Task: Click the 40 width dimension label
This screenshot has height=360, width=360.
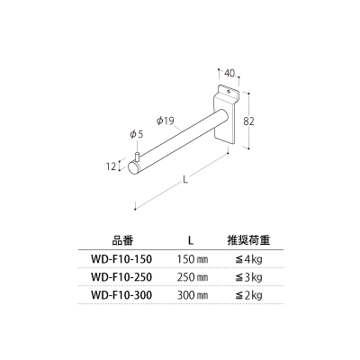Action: click(x=229, y=73)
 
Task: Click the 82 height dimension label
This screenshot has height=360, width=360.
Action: click(x=248, y=121)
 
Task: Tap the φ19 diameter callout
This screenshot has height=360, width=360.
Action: click(x=165, y=121)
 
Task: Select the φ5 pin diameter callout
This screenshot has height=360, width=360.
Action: click(x=137, y=134)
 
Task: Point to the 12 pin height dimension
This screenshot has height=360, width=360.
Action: click(x=111, y=166)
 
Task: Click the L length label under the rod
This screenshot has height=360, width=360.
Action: click(x=185, y=180)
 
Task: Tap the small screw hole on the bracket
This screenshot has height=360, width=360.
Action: click(x=229, y=89)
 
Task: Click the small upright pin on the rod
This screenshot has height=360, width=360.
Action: click(x=138, y=157)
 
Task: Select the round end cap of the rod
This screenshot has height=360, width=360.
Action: click(x=133, y=167)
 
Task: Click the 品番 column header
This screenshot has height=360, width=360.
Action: click(x=122, y=240)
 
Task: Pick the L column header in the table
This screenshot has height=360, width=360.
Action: click(x=191, y=240)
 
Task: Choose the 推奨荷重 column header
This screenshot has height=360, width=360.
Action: click(x=248, y=240)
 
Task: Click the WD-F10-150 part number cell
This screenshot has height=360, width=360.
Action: click(x=121, y=259)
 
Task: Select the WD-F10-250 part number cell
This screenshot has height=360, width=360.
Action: click(x=121, y=277)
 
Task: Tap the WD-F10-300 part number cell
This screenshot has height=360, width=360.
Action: click(x=121, y=295)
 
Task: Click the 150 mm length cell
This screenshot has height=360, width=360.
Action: click(x=193, y=259)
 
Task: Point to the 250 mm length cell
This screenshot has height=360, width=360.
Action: click(x=193, y=277)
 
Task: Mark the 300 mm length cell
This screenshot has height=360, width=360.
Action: click(x=193, y=295)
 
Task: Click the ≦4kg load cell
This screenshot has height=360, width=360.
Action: click(x=248, y=259)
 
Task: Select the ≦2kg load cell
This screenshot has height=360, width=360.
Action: click(x=248, y=295)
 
